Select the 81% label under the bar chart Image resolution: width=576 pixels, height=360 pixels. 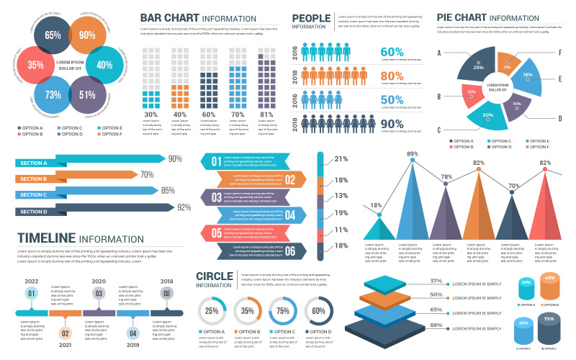tap(246, 114)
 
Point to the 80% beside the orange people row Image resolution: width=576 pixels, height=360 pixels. tap(392, 76)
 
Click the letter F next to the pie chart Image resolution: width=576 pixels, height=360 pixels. tap(559, 53)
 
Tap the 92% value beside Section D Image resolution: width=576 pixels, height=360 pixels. tap(184, 207)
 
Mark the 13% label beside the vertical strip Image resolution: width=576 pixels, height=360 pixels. tap(341, 196)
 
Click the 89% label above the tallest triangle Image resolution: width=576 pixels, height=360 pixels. tap(413, 154)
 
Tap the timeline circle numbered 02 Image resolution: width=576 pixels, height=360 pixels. tap(65, 333)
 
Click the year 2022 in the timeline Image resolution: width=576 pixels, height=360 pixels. tap(32, 282)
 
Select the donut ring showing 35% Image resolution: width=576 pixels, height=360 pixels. tap(247, 311)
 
